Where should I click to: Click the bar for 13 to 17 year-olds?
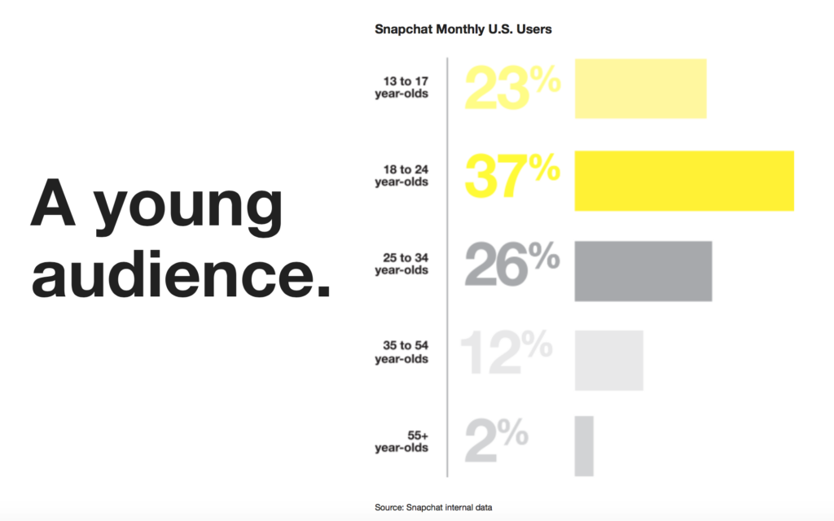point(640,89)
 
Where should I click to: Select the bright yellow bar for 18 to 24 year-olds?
point(683,181)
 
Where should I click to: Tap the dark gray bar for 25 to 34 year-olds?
point(643,270)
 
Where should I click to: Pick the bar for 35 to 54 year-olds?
point(608,360)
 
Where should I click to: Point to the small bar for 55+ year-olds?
point(584,446)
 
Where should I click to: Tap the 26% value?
point(512,266)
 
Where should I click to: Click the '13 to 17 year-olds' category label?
point(402,87)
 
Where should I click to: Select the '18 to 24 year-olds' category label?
point(402,175)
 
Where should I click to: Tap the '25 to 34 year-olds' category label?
point(402,264)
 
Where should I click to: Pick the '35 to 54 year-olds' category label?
point(402,352)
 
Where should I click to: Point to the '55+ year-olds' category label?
point(402,441)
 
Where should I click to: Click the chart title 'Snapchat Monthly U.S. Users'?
point(463,29)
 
